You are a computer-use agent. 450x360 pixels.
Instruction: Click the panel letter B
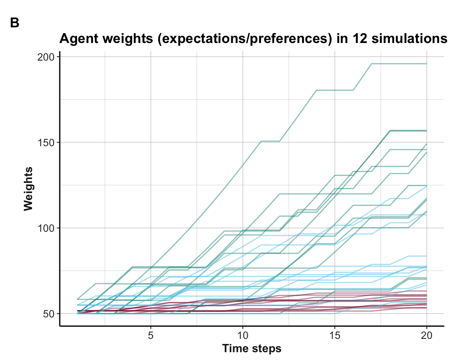14,23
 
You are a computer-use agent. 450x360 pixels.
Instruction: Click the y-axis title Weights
28,189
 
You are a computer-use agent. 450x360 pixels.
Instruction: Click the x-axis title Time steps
252,348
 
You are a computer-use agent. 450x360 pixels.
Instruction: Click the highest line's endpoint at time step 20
426,64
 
